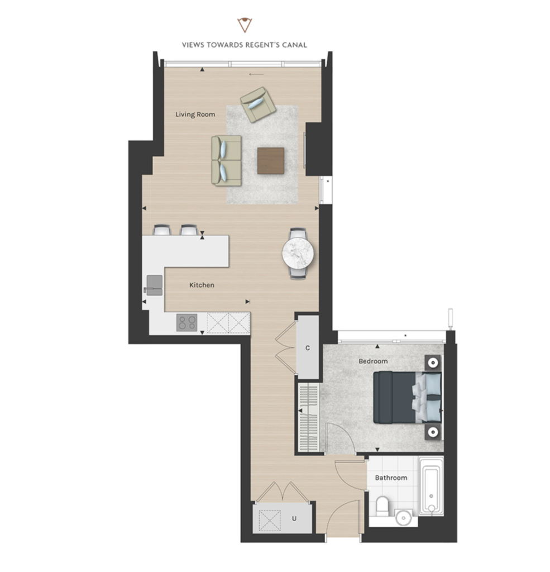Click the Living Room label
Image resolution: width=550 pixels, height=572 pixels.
[195, 115]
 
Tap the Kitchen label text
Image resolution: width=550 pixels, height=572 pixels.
[202, 285]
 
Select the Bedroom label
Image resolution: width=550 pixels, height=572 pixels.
[373, 361]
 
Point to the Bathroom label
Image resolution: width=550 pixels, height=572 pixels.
[391, 478]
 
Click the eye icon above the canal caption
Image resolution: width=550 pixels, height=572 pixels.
[245, 25]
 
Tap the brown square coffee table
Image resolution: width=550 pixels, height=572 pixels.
[271, 160]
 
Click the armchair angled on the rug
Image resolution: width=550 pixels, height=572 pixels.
[258, 104]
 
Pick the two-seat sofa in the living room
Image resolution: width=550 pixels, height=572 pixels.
[227, 161]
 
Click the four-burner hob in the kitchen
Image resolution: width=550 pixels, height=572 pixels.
[186, 322]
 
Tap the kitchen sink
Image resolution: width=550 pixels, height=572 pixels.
[154, 285]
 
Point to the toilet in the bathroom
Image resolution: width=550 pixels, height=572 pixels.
[382, 506]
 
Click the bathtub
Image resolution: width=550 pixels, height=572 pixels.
[431, 485]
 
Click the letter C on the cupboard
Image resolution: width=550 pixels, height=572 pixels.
[308, 348]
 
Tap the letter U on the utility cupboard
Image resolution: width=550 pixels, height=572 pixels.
[294, 518]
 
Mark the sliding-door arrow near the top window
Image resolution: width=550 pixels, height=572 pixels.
[256, 74]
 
